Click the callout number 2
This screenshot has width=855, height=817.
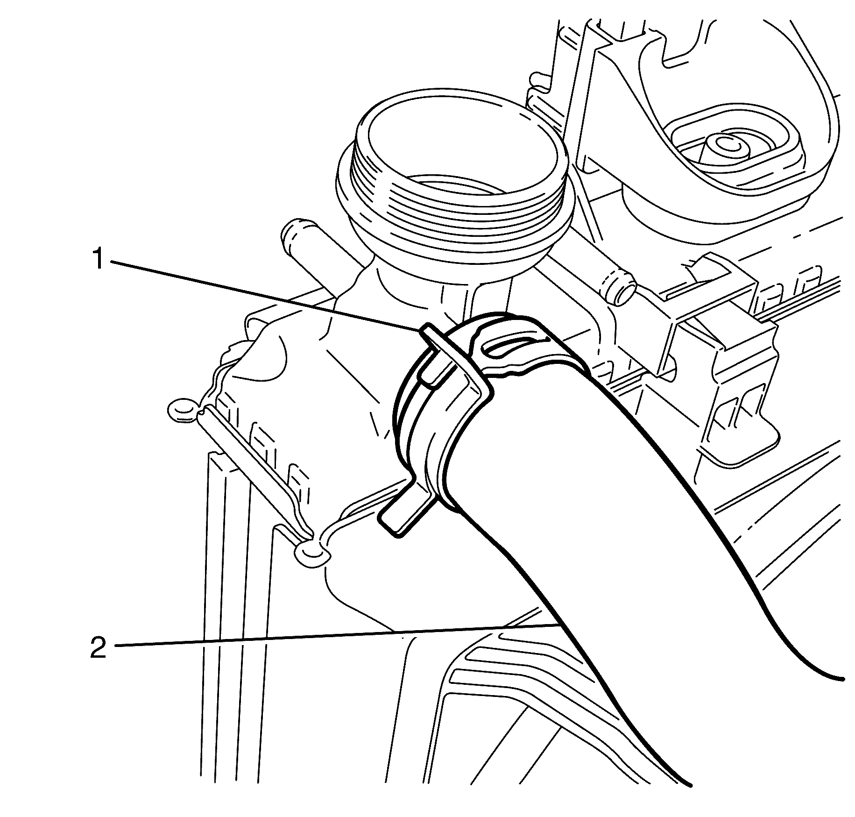click(x=98, y=648)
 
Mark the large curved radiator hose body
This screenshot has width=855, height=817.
click(x=607, y=537)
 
